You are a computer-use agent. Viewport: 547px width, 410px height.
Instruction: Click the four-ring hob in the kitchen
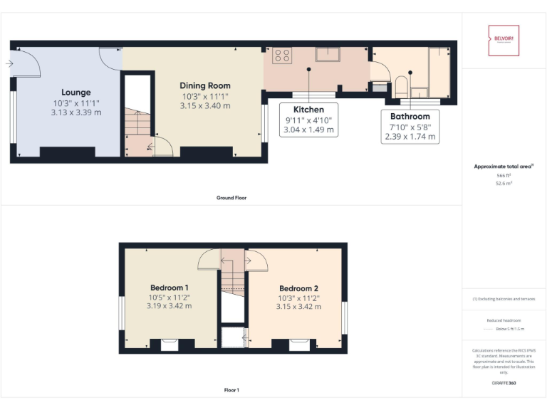pos(281,56)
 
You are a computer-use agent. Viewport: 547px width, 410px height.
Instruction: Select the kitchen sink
pos(328,55)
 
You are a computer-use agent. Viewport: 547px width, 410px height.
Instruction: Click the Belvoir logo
pos(504,40)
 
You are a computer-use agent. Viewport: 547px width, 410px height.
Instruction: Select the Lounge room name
pos(76,93)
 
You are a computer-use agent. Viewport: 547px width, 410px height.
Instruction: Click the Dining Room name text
pos(205,85)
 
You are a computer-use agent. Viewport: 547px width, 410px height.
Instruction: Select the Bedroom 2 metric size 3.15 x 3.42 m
pos(299,307)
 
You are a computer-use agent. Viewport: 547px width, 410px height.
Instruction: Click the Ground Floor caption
pos(231,197)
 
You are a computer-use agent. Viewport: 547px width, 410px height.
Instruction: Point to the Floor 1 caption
pos(231,390)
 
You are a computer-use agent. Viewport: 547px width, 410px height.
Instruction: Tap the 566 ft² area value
pos(504,175)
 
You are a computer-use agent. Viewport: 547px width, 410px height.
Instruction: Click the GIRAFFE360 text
pos(504,384)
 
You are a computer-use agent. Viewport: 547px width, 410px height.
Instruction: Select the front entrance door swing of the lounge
pos(27,63)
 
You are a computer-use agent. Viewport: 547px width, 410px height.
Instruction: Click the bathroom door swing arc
pos(379,72)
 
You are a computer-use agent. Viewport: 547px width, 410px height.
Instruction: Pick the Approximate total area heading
pos(504,166)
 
